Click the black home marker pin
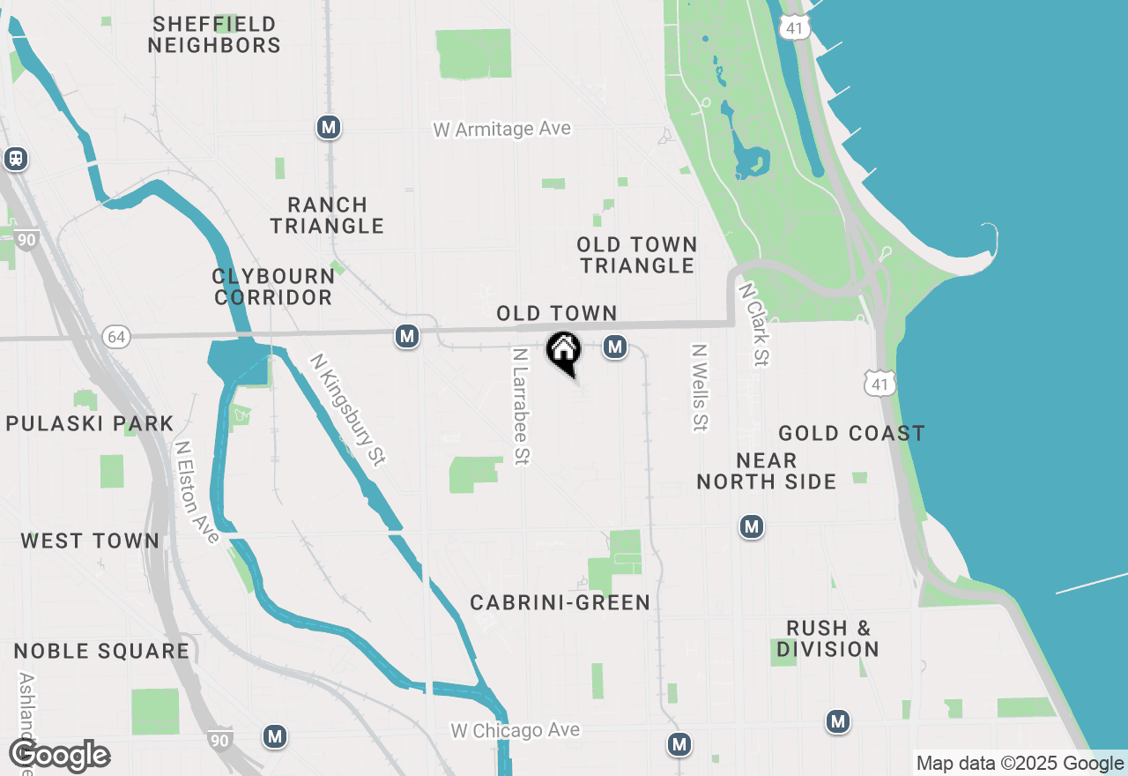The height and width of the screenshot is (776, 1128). point(564,352)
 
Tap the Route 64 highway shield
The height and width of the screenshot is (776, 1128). point(115,336)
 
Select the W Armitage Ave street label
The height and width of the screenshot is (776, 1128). point(502,129)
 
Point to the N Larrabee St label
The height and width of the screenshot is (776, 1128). point(521,406)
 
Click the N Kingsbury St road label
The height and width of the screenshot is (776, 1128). point(348,409)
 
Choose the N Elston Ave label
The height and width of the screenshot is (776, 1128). point(197,492)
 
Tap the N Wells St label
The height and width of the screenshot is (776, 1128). point(700,387)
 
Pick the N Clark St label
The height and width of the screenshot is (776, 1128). point(755,324)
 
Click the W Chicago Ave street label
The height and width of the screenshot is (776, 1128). point(516,730)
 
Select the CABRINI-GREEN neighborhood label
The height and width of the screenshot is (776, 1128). point(560,602)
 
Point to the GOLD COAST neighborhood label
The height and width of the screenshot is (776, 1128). point(851,433)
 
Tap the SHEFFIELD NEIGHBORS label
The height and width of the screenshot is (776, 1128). point(214,34)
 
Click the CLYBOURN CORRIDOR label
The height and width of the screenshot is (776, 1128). point(273,287)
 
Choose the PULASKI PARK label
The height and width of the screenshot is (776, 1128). point(91,423)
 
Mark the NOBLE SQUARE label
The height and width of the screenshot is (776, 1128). point(102,651)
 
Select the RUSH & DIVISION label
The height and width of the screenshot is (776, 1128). point(828,638)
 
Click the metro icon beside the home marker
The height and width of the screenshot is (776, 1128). point(615,347)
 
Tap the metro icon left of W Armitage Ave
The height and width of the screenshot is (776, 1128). point(329,128)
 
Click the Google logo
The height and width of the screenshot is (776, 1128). point(59,757)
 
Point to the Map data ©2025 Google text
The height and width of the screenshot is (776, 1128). point(1019,764)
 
